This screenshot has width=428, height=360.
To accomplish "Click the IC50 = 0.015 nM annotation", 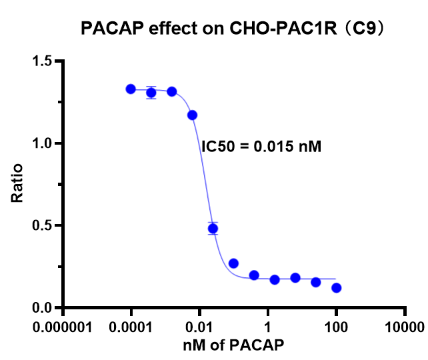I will pyautogui.click(x=261, y=147).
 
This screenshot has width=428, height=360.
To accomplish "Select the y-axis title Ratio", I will pyautogui.click(x=18, y=183).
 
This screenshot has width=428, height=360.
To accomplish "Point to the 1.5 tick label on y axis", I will pyautogui.click(x=43, y=61).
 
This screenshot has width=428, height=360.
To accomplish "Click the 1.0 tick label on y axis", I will pyautogui.click(x=43, y=143).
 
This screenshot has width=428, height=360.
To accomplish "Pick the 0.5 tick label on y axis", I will pyautogui.click(x=43, y=225).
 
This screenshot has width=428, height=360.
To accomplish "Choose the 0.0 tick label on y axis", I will pyautogui.click(x=43, y=307).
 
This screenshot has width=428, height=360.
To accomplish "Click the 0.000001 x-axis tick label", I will pyautogui.click(x=63, y=327).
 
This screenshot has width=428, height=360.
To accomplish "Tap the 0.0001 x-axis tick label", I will pyautogui.click(x=131, y=327).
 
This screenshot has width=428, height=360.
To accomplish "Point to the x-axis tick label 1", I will pyautogui.click(x=268, y=327).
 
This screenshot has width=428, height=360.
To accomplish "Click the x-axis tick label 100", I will pyautogui.click(x=337, y=327).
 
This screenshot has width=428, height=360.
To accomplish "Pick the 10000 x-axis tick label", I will pyautogui.click(x=405, y=327).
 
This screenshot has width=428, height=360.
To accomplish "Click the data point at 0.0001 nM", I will pyautogui.click(x=131, y=89).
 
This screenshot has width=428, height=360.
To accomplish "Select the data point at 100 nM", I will pyautogui.click(x=337, y=288).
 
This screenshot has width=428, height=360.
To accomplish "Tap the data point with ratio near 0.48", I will pyautogui.click(x=213, y=229).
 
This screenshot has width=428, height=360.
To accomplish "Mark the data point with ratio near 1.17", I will pyautogui.click(x=193, y=115).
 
